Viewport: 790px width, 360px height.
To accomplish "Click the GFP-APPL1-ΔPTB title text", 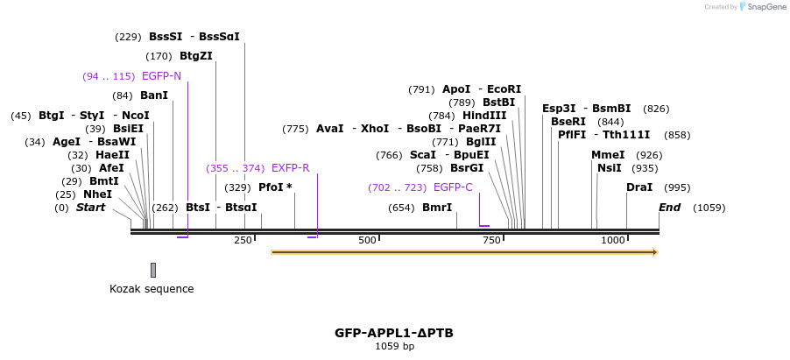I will coord(394,333).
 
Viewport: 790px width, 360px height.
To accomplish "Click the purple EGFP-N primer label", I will coord(161,76).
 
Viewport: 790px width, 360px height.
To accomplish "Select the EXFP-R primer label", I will coord(291,168).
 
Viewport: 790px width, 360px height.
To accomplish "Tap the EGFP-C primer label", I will coord(453,187).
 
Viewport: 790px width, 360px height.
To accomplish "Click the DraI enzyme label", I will coord(639,187).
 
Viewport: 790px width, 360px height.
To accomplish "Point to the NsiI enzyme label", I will coord(610,168).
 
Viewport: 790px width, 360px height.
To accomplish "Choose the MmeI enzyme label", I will coord(608,155).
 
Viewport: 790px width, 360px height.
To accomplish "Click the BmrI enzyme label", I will coord(437,208).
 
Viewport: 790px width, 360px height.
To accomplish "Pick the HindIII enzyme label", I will coord(484,116).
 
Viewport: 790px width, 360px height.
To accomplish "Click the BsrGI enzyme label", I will coord(467,168).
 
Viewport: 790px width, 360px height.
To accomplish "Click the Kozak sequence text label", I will coord(152,289).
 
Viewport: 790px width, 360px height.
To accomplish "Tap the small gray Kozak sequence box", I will coord(153,270).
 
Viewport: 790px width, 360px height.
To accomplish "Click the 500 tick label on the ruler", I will coord(367,240).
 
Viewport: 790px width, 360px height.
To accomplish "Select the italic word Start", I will coord(91,208).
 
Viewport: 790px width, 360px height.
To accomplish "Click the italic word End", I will coord(670,208).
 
